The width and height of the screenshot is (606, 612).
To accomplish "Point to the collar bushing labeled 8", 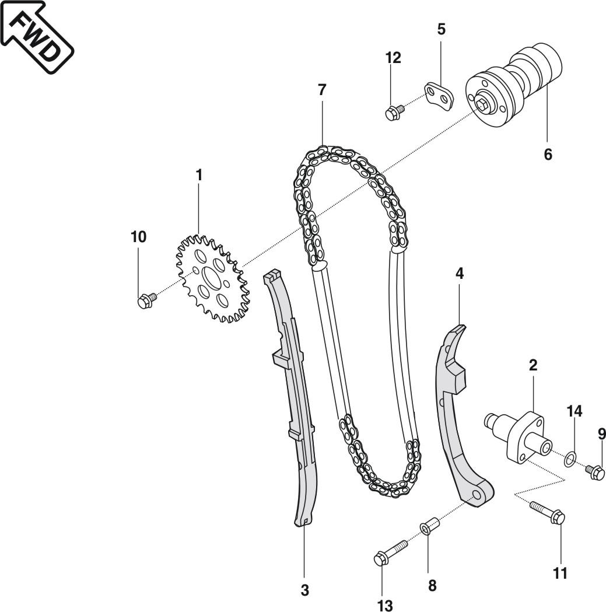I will pyautogui.click(x=428, y=527).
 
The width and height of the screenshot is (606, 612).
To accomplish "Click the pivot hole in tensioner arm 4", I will pyautogui.click(x=477, y=495).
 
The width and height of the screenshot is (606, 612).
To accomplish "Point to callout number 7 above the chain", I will pyautogui.click(x=322, y=90).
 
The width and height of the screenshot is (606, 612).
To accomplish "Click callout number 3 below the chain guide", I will pyautogui.click(x=304, y=590).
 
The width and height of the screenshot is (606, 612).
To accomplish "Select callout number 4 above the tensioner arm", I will pyautogui.click(x=460, y=273).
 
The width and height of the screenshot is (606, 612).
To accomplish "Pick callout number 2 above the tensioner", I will pyautogui.click(x=533, y=365).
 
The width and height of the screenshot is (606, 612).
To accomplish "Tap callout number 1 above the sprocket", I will pyautogui.click(x=198, y=174).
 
